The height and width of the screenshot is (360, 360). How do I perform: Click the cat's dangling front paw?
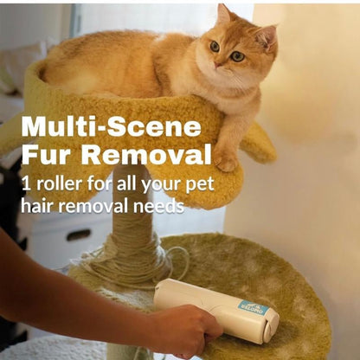coord(226,157)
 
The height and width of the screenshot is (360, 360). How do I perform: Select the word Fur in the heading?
coord(45,157)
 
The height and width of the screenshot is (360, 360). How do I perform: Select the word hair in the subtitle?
coord(37,206)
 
